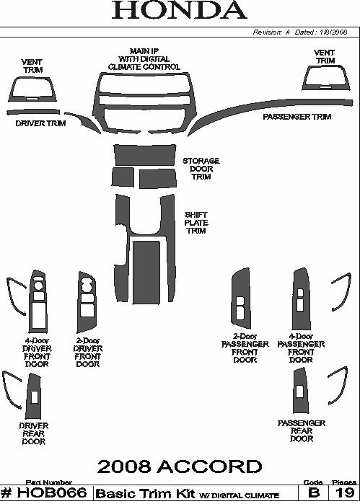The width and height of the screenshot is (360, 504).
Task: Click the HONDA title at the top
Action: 179,10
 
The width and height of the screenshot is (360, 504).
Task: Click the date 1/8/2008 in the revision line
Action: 333,32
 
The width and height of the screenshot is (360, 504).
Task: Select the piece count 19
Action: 344,493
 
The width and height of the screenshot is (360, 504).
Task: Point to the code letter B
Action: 314,493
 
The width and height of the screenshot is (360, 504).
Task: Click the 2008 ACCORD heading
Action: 180,467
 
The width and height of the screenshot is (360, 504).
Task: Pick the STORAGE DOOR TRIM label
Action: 201,169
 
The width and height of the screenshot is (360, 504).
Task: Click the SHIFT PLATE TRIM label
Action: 196,223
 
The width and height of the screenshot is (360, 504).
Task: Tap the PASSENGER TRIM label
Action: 297,117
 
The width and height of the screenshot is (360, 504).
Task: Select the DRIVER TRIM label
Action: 40,123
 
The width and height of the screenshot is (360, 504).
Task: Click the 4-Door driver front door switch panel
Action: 38,301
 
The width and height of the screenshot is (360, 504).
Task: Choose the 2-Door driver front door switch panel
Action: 87,302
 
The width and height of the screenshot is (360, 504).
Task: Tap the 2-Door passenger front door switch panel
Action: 241,299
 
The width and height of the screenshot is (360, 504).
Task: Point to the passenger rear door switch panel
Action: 300,391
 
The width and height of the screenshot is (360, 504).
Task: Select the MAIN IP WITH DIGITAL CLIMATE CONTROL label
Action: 144,59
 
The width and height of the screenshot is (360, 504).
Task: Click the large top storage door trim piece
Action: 145,155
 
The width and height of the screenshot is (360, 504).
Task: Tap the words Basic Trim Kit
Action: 146,493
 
